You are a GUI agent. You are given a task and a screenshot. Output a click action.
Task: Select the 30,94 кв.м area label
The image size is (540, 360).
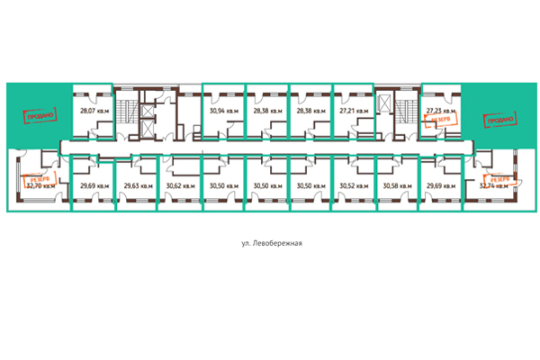(x=224, y=112)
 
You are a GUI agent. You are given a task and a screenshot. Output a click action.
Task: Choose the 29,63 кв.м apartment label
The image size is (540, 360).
(x=137, y=185)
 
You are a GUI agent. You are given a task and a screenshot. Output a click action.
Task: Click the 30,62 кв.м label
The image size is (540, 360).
(x=179, y=185)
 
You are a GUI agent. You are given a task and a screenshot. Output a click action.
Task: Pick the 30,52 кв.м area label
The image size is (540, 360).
(x=354, y=185)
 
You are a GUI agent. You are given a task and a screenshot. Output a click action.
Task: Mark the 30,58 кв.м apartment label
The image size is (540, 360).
(x=397, y=185)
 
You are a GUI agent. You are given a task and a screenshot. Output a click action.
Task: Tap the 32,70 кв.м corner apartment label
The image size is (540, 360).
(x=40, y=186)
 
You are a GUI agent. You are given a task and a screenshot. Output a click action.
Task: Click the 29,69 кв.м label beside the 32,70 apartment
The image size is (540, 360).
(x=94, y=185)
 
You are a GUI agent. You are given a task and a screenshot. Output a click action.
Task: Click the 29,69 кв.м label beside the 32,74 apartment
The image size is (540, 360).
(x=440, y=185)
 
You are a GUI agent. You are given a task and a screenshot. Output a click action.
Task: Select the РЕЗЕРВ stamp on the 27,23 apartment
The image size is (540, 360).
(x=441, y=118)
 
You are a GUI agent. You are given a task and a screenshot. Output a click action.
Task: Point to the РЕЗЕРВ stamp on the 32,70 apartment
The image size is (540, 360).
(x=42, y=178)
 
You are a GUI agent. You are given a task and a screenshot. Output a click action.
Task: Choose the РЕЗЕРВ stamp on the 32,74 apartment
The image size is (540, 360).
(x=498, y=180)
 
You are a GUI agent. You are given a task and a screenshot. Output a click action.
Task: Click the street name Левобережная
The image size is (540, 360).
(x=270, y=243)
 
